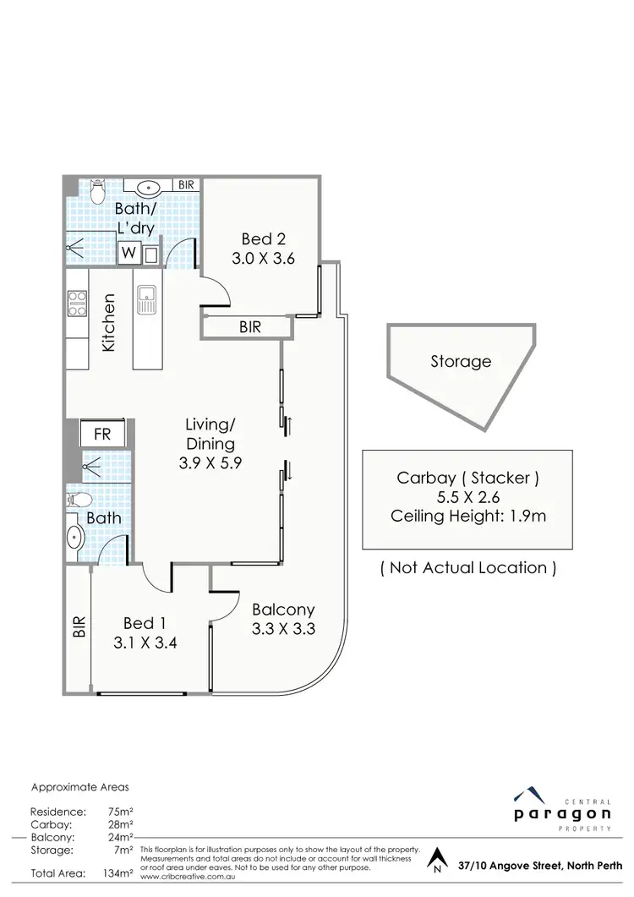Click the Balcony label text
point(282,618)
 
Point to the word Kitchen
point(108,323)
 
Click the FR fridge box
point(102,435)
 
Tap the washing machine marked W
point(129,253)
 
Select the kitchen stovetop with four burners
point(77,304)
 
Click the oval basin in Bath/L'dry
point(153,188)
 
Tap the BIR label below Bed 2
point(250,327)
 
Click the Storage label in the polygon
point(461,362)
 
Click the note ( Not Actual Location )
point(467,567)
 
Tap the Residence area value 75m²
point(119,811)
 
